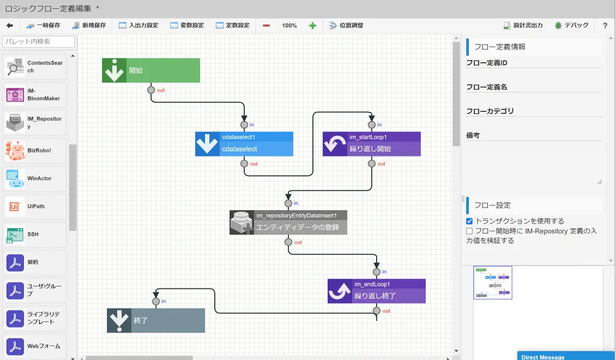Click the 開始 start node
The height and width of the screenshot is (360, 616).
[x=151, y=70]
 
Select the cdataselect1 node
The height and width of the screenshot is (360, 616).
[x=244, y=144]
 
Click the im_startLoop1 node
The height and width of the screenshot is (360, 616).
[x=372, y=144]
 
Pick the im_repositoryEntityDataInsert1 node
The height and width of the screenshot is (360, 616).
[x=288, y=223]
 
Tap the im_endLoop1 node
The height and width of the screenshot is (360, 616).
[x=377, y=291]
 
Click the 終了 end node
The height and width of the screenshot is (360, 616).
[x=156, y=320]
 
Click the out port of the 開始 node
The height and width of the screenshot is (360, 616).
[x=151, y=90]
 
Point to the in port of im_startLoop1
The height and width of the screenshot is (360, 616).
[x=372, y=125]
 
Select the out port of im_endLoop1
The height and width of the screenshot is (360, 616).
[x=377, y=311]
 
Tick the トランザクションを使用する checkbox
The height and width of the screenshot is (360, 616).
[x=469, y=221]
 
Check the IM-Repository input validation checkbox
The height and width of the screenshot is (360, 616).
[x=469, y=231]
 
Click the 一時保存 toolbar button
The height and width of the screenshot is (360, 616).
[x=43, y=26]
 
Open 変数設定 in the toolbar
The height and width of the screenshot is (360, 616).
[x=187, y=26]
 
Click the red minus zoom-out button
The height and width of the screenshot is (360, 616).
[x=266, y=26]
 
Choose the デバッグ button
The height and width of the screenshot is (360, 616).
[x=571, y=26]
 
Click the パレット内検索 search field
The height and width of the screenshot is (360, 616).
[x=38, y=42]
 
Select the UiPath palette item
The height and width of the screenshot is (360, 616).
[x=34, y=206]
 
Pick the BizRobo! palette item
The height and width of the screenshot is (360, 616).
[x=34, y=151]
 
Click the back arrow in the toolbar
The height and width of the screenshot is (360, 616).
[x=10, y=26]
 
